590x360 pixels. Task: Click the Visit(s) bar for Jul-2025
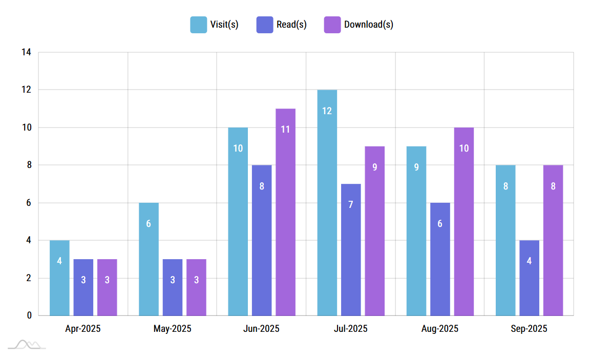(x=327, y=202)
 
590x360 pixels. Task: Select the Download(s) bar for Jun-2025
(x=285, y=212)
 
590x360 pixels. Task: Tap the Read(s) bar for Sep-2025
(x=529, y=278)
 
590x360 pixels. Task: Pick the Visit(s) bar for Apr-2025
(x=59, y=278)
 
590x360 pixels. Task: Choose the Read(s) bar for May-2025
(x=173, y=287)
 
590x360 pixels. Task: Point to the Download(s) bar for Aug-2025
(x=463, y=221)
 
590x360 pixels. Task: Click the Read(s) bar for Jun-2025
(x=262, y=240)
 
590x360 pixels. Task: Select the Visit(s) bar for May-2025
(x=149, y=259)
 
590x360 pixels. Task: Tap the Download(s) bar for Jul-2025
(x=374, y=231)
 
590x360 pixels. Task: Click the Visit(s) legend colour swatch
(x=198, y=25)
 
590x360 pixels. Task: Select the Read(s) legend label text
(x=291, y=25)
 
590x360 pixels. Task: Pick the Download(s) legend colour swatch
(x=332, y=25)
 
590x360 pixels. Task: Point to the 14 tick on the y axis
(x=26, y=52)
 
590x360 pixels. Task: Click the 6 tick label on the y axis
(x=28, y=203)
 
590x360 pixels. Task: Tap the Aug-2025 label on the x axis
(x=440, y=329)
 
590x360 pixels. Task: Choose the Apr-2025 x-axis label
(x=83, y=329)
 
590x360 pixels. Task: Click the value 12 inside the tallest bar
(x=327, y=111)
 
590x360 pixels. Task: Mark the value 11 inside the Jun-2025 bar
(x=285, y=130)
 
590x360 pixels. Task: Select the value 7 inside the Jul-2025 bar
(x=351, y=205)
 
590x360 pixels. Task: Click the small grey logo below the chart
(x=27, y=345)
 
